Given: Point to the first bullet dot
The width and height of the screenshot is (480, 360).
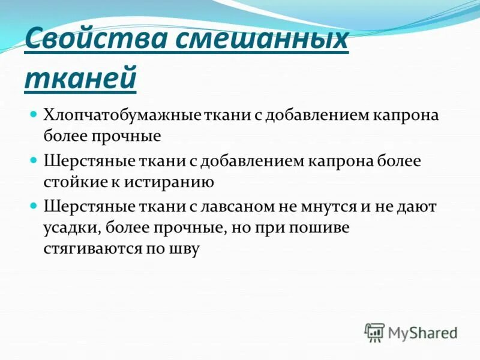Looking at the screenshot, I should [x=34, y=114].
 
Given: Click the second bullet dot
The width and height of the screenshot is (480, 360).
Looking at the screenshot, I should [x=34, y=160].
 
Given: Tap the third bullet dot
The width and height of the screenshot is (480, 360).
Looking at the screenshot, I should [x=34, y=205].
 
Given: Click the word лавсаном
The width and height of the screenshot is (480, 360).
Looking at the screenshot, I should [x=242, y=207].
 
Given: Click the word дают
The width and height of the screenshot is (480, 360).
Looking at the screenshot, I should [x=418, y=207].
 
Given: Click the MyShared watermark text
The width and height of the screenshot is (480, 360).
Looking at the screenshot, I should [x=423, y=332].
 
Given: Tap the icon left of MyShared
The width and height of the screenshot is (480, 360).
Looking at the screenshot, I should [x=374, y=332].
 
